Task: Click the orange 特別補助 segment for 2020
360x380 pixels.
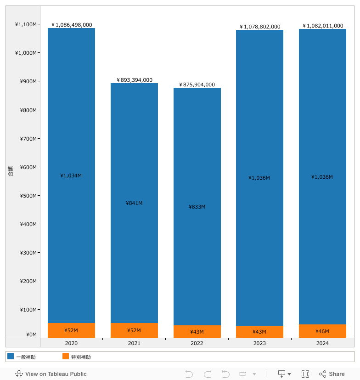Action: (71, 330)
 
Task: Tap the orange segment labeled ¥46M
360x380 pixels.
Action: (322, 331)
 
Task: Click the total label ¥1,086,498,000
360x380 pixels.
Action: (72, 25)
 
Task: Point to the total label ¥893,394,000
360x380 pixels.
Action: (134, 80)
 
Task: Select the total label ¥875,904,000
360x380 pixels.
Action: (197, 85)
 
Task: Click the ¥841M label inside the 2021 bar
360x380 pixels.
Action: (134, 203)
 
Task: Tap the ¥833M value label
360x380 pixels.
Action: (197, 207)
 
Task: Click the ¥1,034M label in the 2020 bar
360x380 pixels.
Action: (71, 176)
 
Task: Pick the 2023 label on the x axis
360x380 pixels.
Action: (259, 343)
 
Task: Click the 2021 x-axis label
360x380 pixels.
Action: (134, 343)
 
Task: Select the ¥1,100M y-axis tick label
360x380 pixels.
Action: (26, 24)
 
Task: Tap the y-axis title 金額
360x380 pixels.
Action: (11, 171)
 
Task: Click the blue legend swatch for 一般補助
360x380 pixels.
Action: (11, 356)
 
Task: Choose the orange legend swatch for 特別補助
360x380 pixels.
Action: (66, 356)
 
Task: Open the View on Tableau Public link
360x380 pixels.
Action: (51, 374)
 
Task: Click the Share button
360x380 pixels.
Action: (332, 374)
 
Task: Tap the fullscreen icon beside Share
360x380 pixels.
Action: (305, 374)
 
